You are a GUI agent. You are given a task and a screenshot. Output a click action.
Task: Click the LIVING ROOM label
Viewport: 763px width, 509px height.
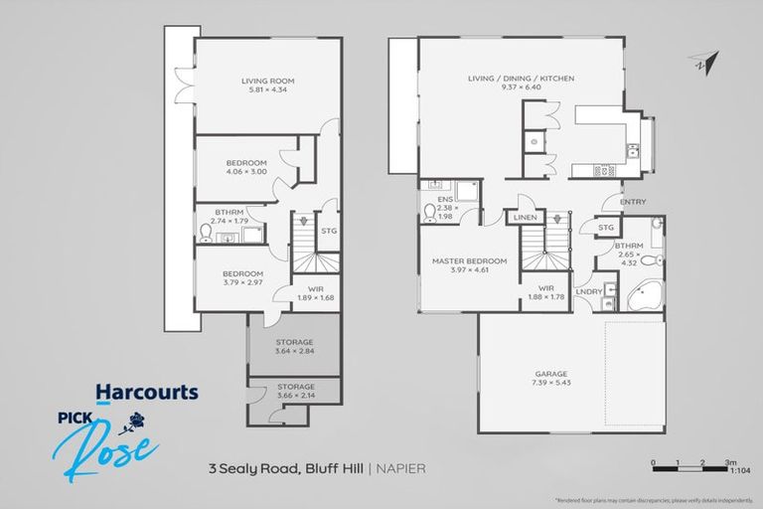point(268,81)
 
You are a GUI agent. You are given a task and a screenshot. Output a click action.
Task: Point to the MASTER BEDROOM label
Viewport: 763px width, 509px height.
point(470,261)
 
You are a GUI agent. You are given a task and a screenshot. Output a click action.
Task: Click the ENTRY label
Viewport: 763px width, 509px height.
point(633,202)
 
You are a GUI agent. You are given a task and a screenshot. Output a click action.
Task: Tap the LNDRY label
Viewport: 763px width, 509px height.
point(588,291)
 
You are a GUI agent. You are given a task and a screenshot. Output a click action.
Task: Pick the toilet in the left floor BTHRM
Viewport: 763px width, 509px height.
point(207,234)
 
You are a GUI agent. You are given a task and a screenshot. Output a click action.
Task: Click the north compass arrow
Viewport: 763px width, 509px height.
point(704,61)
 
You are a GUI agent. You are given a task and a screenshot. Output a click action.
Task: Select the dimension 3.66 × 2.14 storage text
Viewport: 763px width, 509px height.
point(294,396)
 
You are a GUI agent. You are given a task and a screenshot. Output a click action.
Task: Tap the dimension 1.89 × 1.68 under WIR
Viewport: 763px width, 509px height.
point(314,296)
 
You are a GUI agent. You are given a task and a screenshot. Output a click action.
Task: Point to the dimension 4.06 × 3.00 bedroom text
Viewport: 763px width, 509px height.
point(245,172)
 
